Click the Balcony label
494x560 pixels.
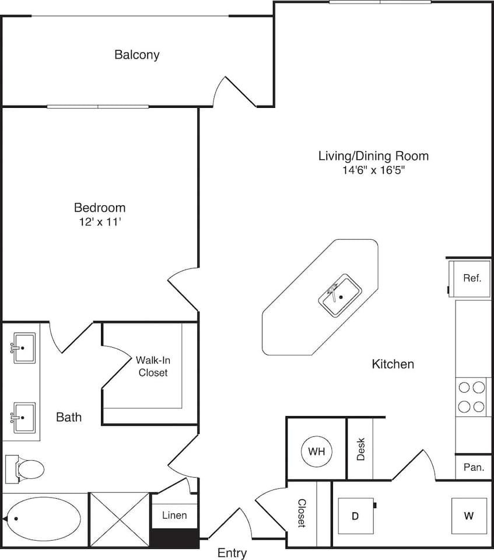[x=137, y=55]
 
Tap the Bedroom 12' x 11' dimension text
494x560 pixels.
[x=100, y=222]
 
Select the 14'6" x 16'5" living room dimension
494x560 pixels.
[x=373, y=170]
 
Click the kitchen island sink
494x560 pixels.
[x=340, y=296]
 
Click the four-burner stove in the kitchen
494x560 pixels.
[x=472, y=397]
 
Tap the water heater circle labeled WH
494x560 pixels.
[x=317, y=451]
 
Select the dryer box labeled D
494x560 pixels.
[x=355, y=516]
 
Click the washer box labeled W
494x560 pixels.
[x=469, y=516]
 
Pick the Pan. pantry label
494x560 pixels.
[x=473, y=467]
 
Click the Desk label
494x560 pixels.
[x=360, y=449]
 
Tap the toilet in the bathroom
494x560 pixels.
[x=26, y=469]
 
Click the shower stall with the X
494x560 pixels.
[x=119, y=519]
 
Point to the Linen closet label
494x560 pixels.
[x=174, y=515]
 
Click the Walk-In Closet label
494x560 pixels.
[x=153, y=366]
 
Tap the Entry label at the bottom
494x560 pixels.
[x=232, y=552]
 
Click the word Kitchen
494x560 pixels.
[x=393, y=365]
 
